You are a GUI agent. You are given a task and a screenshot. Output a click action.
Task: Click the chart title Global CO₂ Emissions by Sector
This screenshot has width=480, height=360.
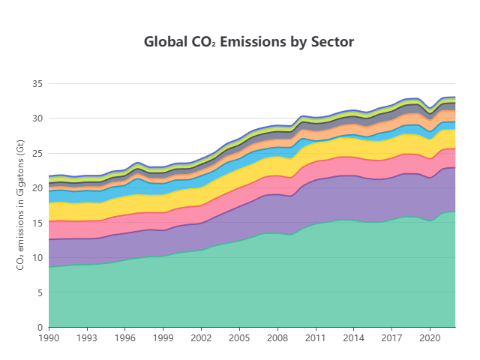(248, 42)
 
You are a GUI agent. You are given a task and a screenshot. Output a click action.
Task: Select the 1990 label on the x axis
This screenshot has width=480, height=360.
(49, 339)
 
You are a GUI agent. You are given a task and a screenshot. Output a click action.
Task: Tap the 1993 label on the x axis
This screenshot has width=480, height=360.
(87, 339)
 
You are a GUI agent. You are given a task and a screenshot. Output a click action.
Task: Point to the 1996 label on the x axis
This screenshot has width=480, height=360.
(125, 339)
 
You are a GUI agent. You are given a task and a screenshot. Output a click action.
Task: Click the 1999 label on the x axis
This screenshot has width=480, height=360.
(163, 339)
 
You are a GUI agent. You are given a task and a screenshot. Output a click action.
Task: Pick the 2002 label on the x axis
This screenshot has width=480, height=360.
(202, 339)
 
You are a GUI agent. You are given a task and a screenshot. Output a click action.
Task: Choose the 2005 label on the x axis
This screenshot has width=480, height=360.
(239, 339)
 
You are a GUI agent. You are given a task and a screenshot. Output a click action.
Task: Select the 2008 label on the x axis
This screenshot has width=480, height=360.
(277, 339)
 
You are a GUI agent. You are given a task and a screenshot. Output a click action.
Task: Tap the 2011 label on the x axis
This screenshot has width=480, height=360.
(316, 339)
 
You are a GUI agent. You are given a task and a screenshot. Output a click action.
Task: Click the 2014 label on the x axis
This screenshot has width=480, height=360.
(354, 339)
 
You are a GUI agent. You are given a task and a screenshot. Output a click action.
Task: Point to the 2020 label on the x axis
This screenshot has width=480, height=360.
(430, 339)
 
